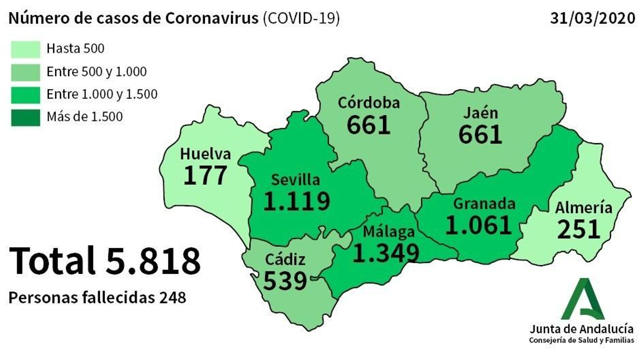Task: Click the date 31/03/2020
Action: click(592, 18)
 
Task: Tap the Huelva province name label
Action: click(205, 154)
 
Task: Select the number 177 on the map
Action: click(205, 176)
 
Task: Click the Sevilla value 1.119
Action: click(297, 201)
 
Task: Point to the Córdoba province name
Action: click(369, 103)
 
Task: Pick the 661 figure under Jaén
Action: click(480, 134)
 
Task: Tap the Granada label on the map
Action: click(484, 204)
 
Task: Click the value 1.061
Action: click(479, 225)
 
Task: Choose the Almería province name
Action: click(584, 208)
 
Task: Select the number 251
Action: click(579, 230)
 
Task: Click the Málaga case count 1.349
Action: click(386, 253)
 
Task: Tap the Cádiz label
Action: click(285, 259)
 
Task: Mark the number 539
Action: click(285, 281)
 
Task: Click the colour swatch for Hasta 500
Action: click(25, 49)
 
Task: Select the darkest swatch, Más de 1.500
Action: click(25, 118)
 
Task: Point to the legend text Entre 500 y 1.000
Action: click(97, 72)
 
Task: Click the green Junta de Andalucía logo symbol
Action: click(583, 299)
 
